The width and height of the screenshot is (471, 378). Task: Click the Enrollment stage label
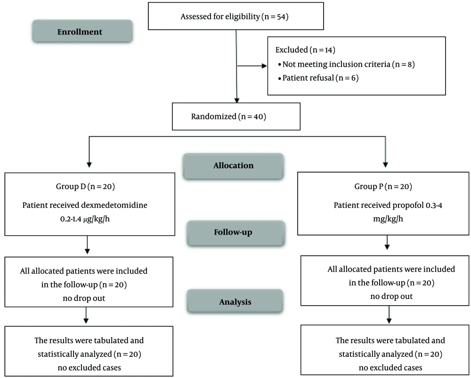[x=80, y=32]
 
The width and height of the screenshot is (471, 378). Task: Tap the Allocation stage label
[x=234, y=165]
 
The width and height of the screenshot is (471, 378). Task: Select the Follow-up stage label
[x=233, y=232]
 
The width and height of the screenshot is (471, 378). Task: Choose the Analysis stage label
[x=235, y=302]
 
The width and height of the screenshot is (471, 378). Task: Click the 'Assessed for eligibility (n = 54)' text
[x=235, y=16]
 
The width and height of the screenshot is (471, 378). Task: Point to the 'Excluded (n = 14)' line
[x=305, y=50]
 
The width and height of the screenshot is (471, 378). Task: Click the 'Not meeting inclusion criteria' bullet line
[x=346, y=64]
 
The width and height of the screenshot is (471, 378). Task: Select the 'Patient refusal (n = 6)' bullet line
[x=318, y=78]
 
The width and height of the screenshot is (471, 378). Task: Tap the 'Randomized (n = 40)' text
[x=228, y=116]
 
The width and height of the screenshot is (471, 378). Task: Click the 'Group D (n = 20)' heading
[x=85, y=187]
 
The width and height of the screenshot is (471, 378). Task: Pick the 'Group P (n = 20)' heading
[x=383, y=187]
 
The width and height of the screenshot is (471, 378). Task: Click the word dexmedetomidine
[x=114, y=205]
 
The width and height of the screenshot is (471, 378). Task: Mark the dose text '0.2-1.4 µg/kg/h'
[x=85, y=219]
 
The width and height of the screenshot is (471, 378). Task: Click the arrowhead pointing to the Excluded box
[x=264, y=66]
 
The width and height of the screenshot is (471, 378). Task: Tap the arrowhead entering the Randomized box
[x=237, y=100]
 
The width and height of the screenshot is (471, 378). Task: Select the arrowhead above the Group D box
[x=89, y=165]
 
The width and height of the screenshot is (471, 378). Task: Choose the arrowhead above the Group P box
[x=385, y=165]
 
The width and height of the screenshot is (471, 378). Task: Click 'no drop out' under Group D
[x=84, y=298]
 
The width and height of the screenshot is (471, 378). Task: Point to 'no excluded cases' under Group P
[x=390, y=368]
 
